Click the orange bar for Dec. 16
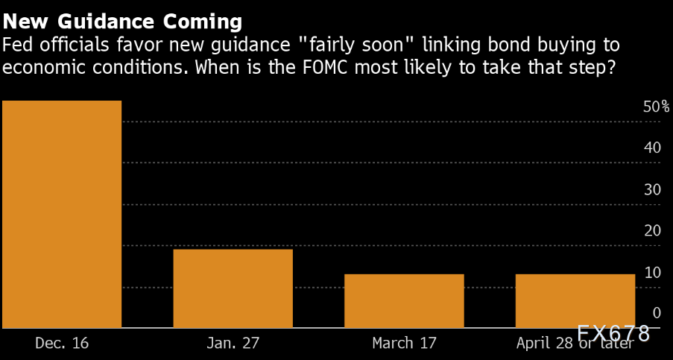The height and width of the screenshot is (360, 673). coord(62,214)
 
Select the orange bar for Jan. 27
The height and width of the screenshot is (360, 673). coord(233,288)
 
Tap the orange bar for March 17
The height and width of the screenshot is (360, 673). coord(404,300)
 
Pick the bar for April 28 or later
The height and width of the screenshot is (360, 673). coord(575,300)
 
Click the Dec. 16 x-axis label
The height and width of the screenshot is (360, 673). coord(62,344)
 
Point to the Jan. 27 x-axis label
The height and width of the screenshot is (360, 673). coord(233,344)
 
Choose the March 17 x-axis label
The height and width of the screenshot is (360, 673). coord(404,344)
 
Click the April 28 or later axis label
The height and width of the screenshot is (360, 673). coord(575,344)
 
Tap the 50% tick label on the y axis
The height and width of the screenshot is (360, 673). coord(656,107)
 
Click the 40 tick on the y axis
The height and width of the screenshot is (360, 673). coord(652,148)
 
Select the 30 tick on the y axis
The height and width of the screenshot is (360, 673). coord(652,190)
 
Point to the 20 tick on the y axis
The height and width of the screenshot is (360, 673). coord(652,231)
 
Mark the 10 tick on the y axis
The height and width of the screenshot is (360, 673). coord(652,273)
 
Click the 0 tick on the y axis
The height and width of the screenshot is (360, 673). coord(656,313)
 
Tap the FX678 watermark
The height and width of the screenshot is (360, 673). coord(613,333)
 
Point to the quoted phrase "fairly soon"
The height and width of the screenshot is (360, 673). coord(355,44)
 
